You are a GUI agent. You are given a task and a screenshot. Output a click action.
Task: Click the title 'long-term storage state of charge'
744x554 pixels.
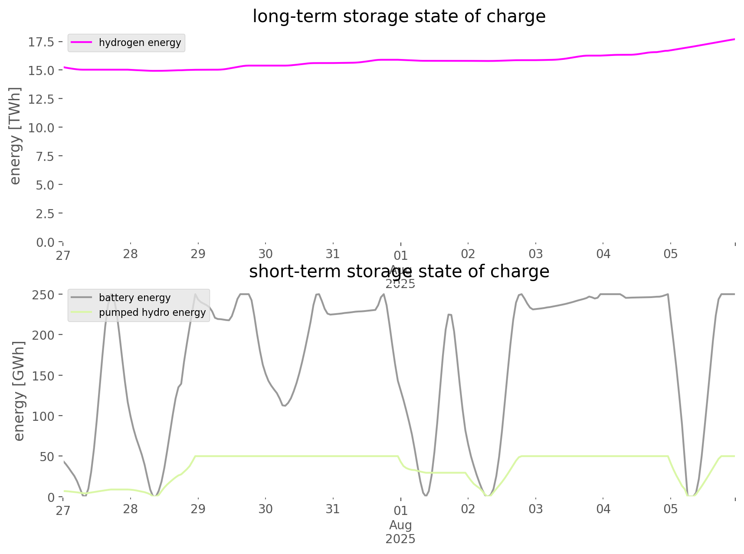(x=399, y=16)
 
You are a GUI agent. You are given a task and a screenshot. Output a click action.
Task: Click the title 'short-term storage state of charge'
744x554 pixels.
(x=399, y=272)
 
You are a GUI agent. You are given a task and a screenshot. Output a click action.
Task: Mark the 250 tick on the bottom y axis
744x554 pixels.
(x=43, y=295)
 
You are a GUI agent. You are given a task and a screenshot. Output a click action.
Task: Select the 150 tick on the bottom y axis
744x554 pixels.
(x=43, y=376)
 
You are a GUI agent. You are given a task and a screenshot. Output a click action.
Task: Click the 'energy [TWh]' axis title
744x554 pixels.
(x=15, y=136)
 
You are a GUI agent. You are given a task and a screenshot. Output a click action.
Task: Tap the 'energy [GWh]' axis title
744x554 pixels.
(x=19, y=391)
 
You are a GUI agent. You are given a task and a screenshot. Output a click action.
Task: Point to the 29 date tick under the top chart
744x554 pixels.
(x=198, y=254)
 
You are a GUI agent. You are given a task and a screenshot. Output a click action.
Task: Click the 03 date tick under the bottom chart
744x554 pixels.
(x=536, y=509)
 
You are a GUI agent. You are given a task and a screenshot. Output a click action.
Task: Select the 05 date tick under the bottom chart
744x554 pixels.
(x=671, y=509)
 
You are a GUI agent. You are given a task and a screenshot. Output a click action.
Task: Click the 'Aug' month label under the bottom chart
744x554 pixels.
(x=400, y=525)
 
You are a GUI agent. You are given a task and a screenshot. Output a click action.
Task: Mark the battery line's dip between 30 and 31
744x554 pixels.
(x=284, y=406)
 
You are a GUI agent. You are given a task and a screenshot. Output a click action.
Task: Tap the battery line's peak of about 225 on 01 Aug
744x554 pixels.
(x=449, y=314)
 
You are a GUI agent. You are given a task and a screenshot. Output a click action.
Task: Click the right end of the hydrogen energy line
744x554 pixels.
(x=734, y=39)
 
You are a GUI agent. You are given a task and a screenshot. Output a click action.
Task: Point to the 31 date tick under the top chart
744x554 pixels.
(x=333, y=254)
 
